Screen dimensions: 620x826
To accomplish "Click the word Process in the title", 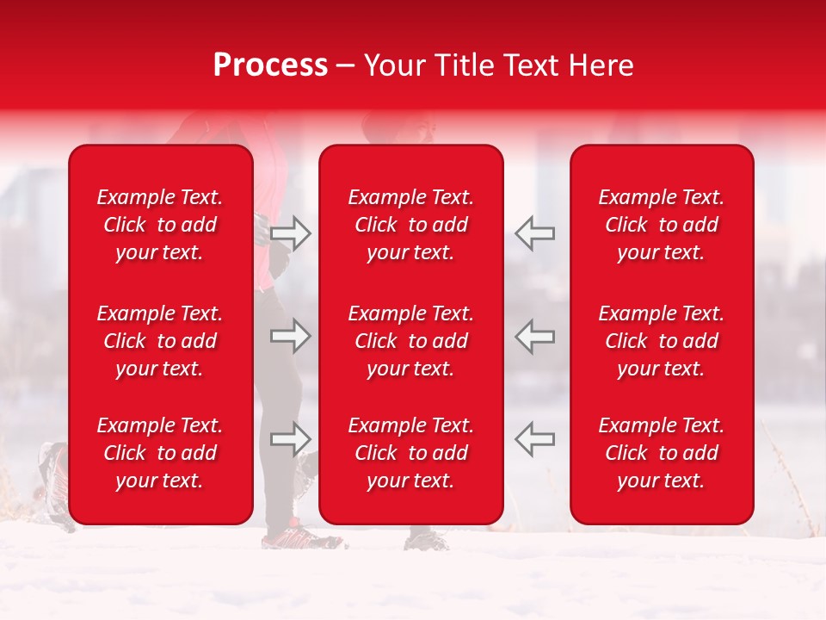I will click(x=270, y=65).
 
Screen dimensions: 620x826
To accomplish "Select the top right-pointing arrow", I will click(x=290, y=232).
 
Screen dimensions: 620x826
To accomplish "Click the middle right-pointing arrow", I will click(x=290, y=336).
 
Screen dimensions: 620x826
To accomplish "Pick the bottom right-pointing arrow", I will click(x=290, y=439).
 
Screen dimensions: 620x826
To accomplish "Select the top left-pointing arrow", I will click(x=535, y=232).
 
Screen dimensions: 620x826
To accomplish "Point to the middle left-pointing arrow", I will click(x=535, y=336).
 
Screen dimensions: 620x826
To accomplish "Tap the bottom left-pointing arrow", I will click(x=535, y=439).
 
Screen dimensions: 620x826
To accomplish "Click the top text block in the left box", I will click(x=160, y=225).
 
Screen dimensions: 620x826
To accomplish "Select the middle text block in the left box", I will click(x=160, y=341).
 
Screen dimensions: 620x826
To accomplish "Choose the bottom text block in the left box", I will click(x=160, y=453).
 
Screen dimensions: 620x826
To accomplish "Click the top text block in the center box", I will click(x=411, y=225).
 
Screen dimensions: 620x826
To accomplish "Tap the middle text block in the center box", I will click(x=411, y=341).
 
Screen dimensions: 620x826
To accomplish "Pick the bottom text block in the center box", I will click(x=411, y=453).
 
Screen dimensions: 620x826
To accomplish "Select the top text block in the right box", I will click(x=662, y=225).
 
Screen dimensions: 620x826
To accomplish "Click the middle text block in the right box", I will click(x=662, y=341).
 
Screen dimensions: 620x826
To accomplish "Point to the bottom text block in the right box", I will click(x=662, y=453).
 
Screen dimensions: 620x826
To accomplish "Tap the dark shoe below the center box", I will click(x=426, y=540).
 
